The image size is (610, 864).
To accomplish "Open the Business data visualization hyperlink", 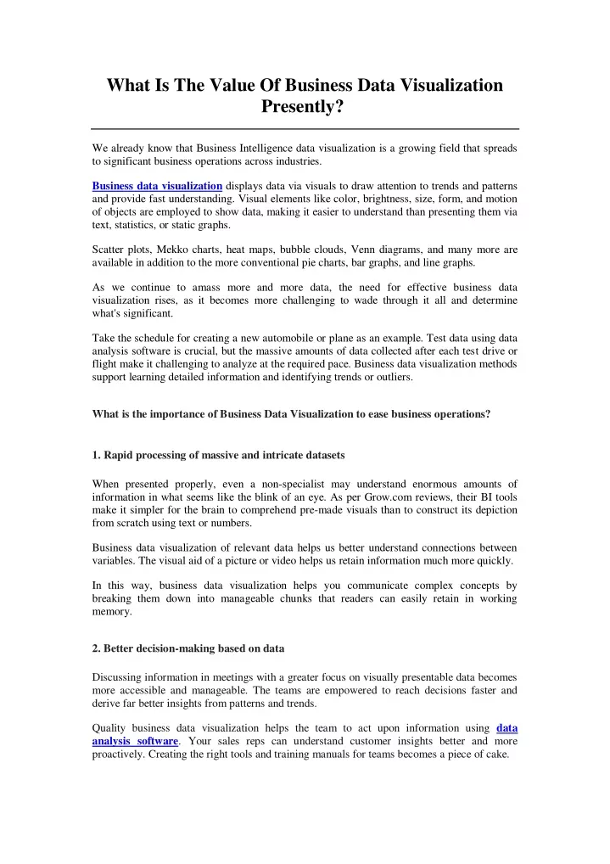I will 157,186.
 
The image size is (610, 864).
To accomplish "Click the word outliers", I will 395,378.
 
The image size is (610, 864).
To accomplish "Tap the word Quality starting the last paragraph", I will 111,727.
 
